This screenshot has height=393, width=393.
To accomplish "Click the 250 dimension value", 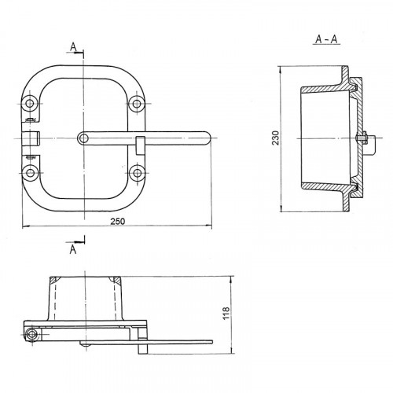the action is point(118,222).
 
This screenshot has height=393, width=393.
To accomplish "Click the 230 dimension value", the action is point(276,138).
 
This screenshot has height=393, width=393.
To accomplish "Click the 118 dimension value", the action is point(226,313).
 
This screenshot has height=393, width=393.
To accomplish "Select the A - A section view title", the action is point(326,39).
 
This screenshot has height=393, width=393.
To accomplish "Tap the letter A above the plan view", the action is point(73,46).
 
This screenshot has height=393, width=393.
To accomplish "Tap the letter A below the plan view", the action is point(73,249).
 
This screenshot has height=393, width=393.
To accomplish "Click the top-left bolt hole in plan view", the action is point(30,104).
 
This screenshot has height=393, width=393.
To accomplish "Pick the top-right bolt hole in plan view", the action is point(137,104).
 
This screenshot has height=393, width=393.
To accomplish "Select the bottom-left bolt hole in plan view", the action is point(30,173).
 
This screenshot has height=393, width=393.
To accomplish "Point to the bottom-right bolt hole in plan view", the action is point(138,173).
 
